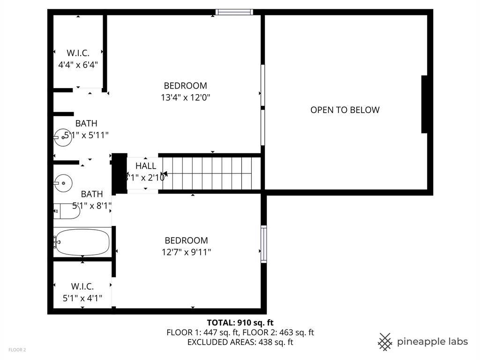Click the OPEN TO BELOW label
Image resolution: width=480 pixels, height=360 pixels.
(345, 110)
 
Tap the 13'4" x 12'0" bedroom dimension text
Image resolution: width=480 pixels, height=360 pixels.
(185, 98)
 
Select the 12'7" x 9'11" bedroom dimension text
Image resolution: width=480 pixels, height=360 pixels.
(185, 253)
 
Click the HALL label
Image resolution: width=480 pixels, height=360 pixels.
(145, 166)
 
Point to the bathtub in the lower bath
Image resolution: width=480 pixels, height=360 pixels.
(82, 242)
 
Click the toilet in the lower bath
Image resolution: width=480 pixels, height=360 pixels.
(67, 211)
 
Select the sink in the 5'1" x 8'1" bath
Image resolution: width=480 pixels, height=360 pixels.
(62, 182)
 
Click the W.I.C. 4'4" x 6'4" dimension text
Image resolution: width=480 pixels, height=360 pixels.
(78, 65)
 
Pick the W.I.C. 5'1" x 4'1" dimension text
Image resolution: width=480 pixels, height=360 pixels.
(82, 298)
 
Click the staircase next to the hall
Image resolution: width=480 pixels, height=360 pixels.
(211, 173)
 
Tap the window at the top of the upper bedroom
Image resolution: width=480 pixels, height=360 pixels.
(234, 12)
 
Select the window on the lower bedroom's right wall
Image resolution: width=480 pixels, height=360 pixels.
(263, 244)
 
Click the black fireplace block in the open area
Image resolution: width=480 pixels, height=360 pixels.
(425, 105)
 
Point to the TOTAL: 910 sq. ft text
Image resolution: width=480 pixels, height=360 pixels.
(240, 322)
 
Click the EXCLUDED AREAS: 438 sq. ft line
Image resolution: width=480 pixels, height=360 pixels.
(240, 342)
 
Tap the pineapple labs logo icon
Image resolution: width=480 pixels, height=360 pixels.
(385, 342)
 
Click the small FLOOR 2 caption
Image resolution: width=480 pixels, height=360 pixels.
(17, 350)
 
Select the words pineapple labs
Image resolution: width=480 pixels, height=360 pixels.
(432, 342)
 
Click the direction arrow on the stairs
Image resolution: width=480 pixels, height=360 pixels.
(165, 174)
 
